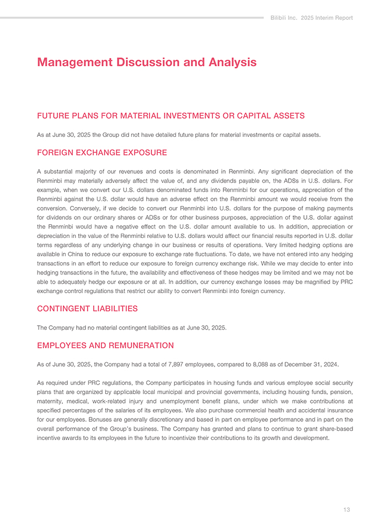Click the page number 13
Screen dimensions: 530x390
[346, 510]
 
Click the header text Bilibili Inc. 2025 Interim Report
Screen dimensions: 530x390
[312, 18]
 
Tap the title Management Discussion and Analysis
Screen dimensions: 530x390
[147, 62]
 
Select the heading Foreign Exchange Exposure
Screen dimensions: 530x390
[102, 152]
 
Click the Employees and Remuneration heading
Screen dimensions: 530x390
[105, 346]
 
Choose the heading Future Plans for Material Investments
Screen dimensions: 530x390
[171, 116]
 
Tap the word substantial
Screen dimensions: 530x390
[61, 172]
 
